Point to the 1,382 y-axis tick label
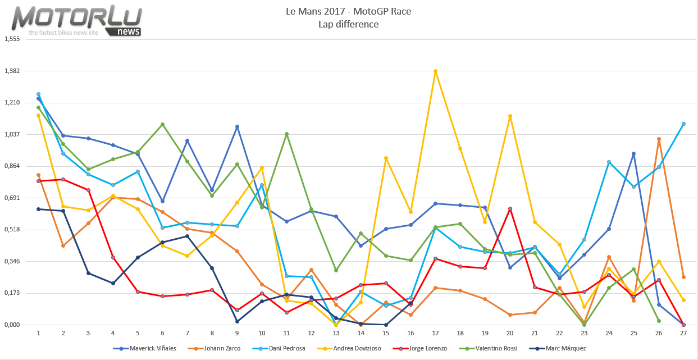12,71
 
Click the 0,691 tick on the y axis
12,198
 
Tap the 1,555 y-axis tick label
12,39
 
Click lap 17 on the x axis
435,333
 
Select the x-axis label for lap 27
683,333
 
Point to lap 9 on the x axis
237,333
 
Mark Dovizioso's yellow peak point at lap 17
435,71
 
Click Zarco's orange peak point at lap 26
659,139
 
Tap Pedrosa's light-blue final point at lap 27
683,124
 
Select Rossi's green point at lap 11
286,134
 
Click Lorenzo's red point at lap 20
510,208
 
